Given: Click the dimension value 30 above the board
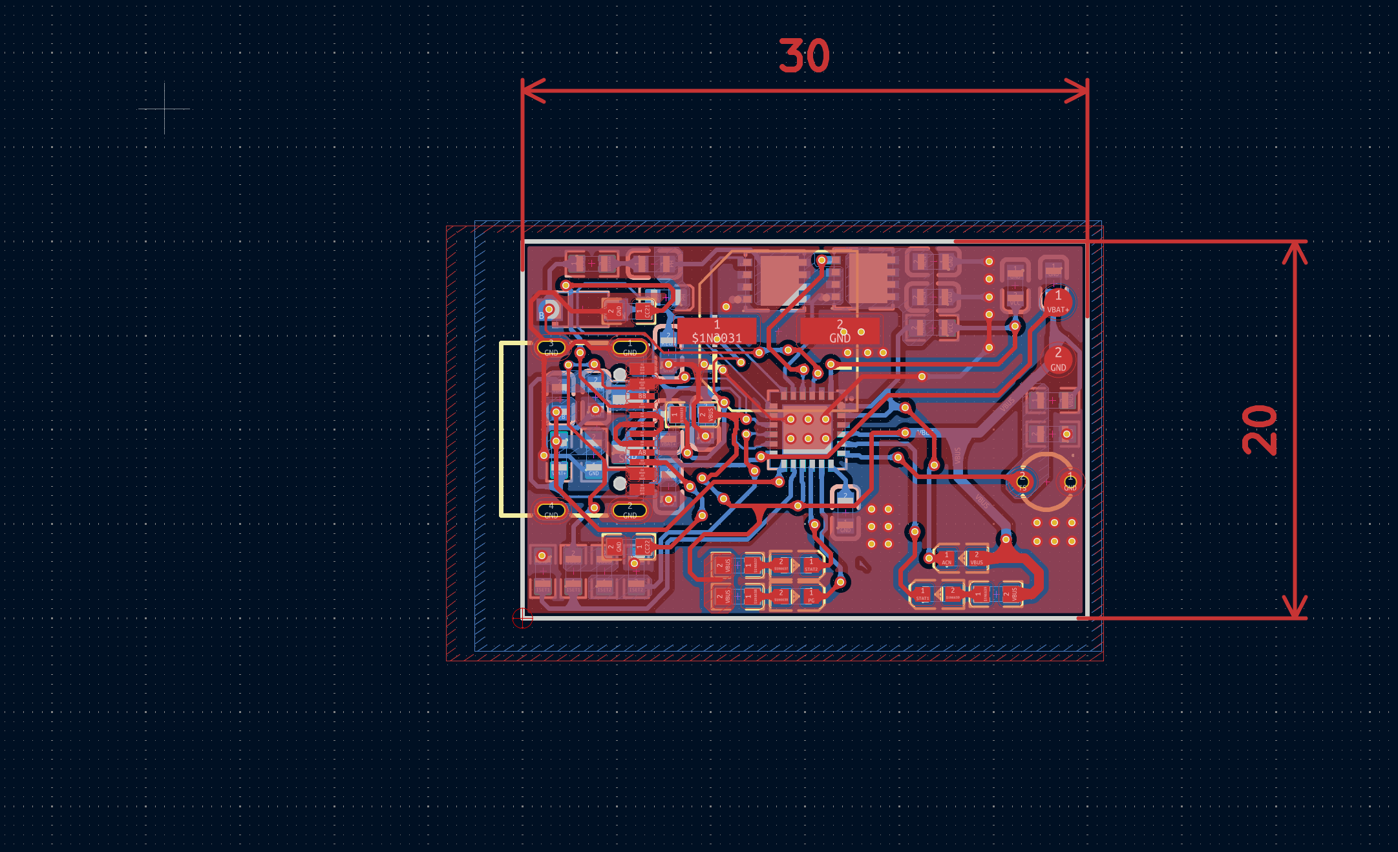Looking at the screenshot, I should (x=804, y=56).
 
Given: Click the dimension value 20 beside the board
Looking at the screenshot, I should (x=1259, y=430).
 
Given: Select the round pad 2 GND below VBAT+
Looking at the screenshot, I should (x=1058, y=359).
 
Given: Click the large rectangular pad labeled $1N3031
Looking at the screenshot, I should (x=717, y=331).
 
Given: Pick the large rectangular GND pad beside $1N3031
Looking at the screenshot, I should (x=840, y=331).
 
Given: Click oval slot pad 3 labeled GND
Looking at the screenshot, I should (x=551, y=348).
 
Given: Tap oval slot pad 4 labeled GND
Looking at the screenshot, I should (x=551, y=511).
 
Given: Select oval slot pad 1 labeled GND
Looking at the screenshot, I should (x=630, y=348).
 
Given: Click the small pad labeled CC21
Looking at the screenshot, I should (x=644, y=311).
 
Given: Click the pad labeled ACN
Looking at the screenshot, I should (x=946, y=558).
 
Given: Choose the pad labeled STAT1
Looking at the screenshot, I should (x=922, y=593).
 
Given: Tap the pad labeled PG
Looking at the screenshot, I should (x=810, y=595).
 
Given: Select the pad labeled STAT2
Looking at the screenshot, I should (x=810, y=564).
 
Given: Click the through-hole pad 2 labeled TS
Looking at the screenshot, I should (x=1022, y=482).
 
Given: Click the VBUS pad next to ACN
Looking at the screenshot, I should (x=977, y=558).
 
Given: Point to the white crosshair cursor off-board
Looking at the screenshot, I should (x=164, y=109).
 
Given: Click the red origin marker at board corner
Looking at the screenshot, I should (x=522, y=619).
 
